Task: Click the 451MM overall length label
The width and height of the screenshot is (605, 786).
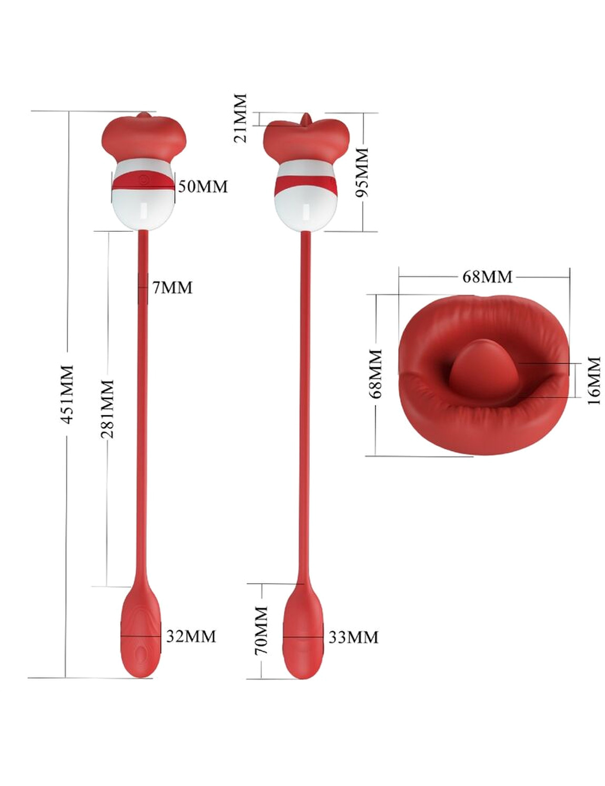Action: (x=67, y=394)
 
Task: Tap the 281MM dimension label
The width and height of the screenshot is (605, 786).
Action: (x=107, y=409)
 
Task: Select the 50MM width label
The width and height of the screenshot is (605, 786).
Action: (x=203, y=187)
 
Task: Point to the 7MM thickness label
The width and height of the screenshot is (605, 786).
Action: (x=172, y=288)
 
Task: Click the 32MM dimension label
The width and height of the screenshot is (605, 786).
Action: (x=191, y=636)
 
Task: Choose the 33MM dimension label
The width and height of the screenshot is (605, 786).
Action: (x=353, y=637)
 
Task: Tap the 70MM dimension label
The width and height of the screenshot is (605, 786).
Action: (x=261, y=631)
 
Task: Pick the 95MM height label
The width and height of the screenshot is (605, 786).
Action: (x=362, y=172)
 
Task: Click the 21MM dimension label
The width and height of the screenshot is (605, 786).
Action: (x=240, y=118)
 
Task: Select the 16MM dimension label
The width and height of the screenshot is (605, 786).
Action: (x=593, y=380)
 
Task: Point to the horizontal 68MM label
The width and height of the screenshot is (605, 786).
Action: (x=487, y=277)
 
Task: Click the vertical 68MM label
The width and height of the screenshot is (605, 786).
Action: (x=376, y=374)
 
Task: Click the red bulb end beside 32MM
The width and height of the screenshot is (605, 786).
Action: (x=140, y=637)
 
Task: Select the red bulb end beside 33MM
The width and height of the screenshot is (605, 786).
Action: (x=302, y=637)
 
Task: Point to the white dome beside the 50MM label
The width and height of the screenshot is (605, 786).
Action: (x=144, y=209)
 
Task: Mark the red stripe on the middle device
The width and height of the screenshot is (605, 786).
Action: (x=306, y=185)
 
